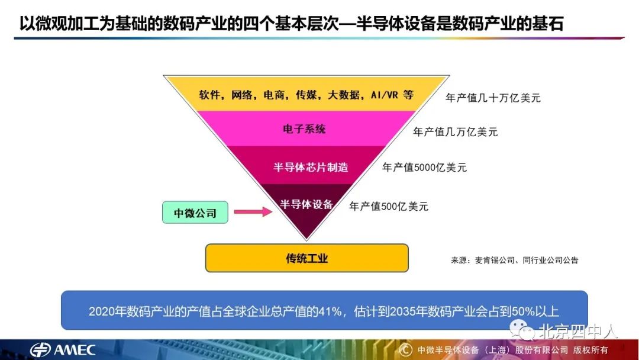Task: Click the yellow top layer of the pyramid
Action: coord(306,94)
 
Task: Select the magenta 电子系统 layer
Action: coord(305,129)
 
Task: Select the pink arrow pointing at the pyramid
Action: coord(252,211)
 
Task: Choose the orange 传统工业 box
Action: coord(306,258)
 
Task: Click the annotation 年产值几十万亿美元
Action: coord(493,98)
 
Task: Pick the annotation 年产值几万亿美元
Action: coord(455,131)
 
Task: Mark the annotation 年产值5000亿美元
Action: coord(424,168)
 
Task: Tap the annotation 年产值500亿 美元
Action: coord(389,207)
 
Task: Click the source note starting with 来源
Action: coord(514,260)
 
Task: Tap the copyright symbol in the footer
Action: coord(405,349)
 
